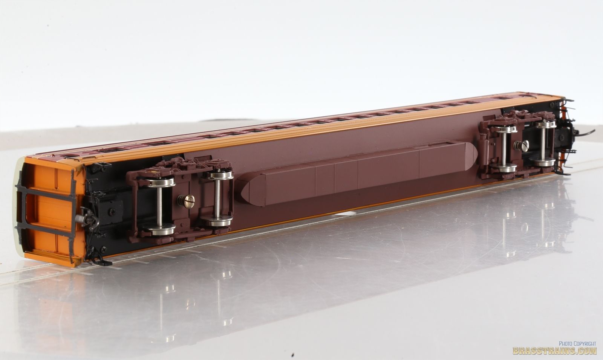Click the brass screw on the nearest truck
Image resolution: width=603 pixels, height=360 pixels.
click(x=186, y=201)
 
